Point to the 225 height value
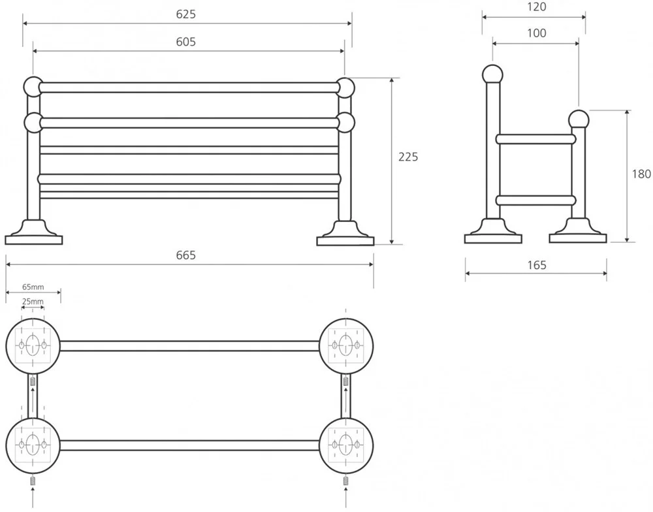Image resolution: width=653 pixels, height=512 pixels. (408, 157)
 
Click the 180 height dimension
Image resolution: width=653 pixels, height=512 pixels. (642, 174)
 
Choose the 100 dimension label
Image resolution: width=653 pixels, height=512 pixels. (536, 33)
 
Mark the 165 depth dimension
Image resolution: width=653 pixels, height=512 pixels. (536, 265)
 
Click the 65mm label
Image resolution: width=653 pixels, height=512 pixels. (33, 287)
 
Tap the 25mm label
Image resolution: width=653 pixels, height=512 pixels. (33, 301)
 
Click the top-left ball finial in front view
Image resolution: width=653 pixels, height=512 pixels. (33, 86)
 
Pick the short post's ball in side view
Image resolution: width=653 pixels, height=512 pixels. (578, 119)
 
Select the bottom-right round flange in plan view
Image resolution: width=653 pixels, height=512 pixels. (346, 445)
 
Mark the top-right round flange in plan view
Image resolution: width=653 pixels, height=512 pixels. (346, 344)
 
